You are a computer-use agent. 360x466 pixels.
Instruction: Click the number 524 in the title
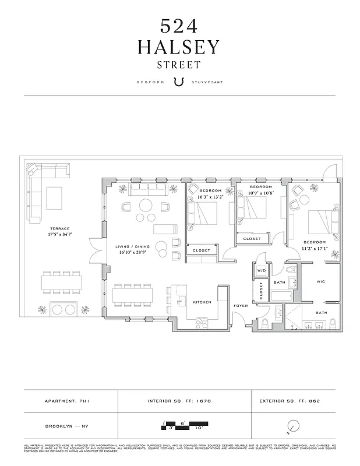pos(179,26)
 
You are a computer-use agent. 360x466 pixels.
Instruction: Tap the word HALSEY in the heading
pos(179,47)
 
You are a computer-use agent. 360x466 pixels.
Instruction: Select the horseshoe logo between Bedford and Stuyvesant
pos(179,82)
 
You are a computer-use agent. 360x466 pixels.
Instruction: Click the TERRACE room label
pos(60,228)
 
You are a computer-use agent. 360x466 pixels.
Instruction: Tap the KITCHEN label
pos(202,302)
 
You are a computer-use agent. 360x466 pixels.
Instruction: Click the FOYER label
pos(241,305)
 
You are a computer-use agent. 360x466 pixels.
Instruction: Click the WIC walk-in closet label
pos(320,281)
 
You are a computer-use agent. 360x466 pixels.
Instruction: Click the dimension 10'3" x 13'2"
pos(210,197)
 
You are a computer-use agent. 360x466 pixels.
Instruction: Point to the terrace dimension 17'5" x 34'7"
pos(60,234)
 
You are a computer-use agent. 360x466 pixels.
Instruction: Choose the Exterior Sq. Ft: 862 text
pos(290,401)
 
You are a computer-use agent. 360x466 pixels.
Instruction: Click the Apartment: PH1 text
pos(69,401)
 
